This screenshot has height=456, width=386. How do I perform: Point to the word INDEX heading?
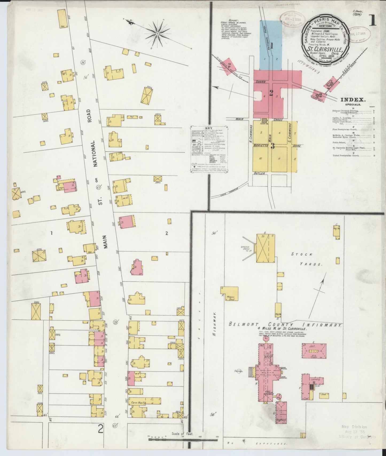coord(353,100)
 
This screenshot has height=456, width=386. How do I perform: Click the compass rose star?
coord(157,34)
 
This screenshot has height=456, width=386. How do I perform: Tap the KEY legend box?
coord(209,150)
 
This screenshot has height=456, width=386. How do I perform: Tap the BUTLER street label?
coord(259,173)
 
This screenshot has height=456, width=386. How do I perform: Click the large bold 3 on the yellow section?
coord(273,146)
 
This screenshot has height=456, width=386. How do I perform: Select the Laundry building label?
coord(315,380)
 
